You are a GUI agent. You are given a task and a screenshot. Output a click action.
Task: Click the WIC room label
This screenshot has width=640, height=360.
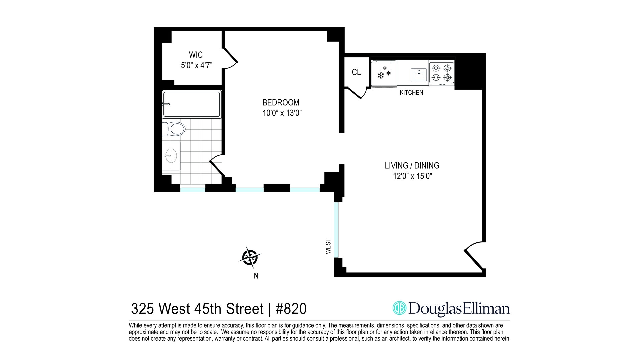pos(196,55)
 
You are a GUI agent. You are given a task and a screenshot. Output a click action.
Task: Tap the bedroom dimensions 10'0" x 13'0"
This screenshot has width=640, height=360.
pos(282,113)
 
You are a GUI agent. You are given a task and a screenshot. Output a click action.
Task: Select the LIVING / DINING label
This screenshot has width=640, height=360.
pos(412,166)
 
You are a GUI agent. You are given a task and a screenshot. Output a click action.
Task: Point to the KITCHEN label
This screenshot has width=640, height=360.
pos(411,93)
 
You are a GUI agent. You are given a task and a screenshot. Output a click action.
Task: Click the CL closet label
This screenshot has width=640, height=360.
pos(356,72)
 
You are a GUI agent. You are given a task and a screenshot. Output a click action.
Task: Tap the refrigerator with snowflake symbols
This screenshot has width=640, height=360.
pos(384,74)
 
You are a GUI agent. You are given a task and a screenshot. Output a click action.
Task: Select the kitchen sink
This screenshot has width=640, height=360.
pos(419,75)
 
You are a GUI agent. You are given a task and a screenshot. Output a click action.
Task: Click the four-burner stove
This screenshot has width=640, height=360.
pos(441,73)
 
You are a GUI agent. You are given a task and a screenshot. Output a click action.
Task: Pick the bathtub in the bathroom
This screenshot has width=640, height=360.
pos(191,104)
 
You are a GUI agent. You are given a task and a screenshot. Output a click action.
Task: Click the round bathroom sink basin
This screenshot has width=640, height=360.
pos(171,156)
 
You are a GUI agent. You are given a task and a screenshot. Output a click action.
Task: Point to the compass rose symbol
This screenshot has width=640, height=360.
pos(250,257)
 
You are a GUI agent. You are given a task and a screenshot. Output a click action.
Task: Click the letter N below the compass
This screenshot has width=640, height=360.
pos(256,276)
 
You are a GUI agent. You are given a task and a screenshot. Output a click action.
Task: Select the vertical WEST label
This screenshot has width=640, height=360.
pos(328,246)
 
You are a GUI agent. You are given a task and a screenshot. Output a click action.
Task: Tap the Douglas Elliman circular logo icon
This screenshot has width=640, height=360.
pos(399,308)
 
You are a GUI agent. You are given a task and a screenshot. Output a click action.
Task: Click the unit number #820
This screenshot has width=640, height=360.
pos(291,309)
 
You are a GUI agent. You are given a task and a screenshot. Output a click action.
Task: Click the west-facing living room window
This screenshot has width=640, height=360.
pos(336,230)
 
